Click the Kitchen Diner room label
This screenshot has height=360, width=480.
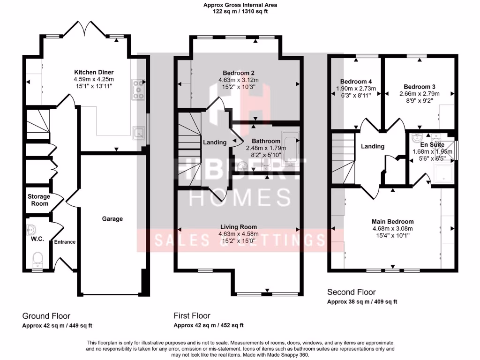(x=94, y=72)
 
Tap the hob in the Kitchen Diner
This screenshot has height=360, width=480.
(x=139, y=89)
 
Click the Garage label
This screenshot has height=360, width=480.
(x=112, y=218)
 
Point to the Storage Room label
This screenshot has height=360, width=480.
(x=38, y=200)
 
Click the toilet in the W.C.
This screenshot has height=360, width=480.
(x=37, y=258)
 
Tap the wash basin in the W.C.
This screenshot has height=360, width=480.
(x=31, y=230)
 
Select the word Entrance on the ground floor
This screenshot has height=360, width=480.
(x=65, y=242)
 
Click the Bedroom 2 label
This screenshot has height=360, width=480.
(x=238, y=73)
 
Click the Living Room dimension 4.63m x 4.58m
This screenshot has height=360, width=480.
(x=238, y=234)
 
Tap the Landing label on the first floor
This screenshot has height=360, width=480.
(x=214, y=142)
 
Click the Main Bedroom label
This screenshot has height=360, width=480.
(x=393, y=222)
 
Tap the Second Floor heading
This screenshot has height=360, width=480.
(x=351, y=292)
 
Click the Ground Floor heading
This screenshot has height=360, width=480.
(x=46, y=316)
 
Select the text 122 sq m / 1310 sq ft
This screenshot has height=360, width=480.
(x=240, y=12)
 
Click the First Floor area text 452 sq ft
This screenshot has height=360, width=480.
(x=230, y=325)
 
